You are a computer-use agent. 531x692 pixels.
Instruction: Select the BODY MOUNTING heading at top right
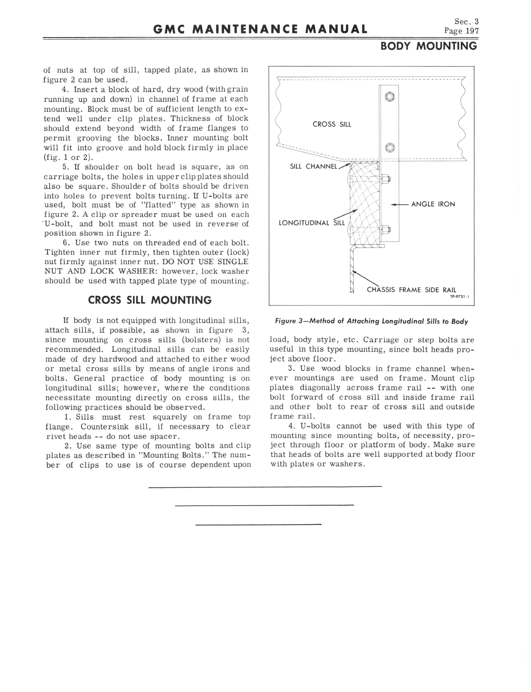tap(429, 46)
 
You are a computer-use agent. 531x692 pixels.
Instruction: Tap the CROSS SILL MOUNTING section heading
tap(150, 300)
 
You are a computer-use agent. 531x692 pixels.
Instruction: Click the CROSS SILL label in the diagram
tap(332, 124)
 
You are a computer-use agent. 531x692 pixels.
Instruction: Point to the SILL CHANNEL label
tap(313, 166)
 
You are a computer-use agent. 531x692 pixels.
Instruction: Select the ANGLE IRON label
tap(433, 204)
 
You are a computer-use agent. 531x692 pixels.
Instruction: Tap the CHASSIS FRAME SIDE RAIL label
tap(412, 290)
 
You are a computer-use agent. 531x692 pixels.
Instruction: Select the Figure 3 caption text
tap(371, 321)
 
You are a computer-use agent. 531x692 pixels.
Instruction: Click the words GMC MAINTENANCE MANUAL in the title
tap(260, 29)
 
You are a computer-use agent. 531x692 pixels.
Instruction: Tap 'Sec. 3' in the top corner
tap(467, 21)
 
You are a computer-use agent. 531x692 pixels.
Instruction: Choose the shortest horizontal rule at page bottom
tap(258, 525)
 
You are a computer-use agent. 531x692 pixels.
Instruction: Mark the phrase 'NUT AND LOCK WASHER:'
tap(101, 271)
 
